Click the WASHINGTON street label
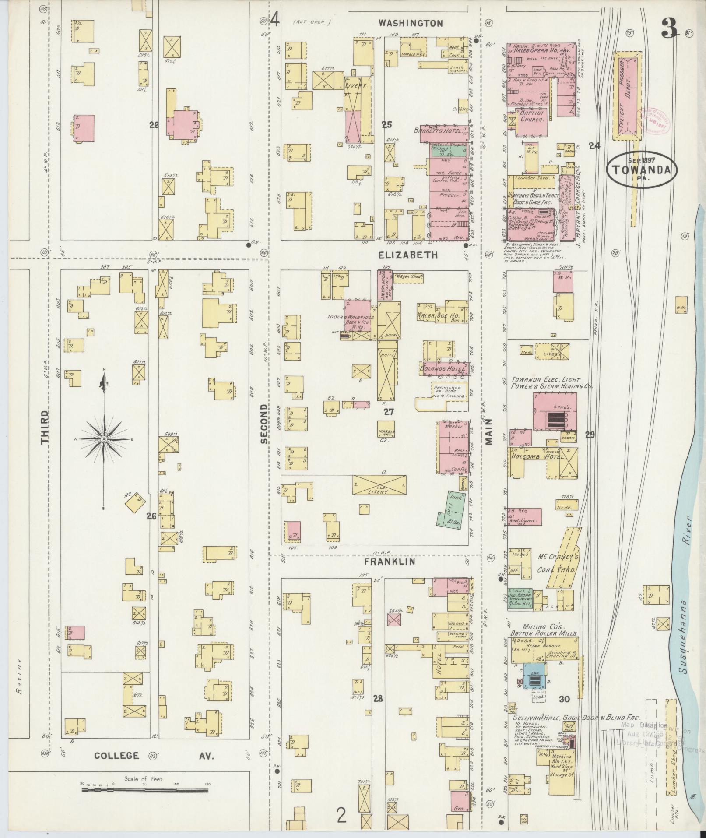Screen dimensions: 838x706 [x=411, y=23]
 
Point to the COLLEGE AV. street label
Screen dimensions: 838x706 [x=154, y=755]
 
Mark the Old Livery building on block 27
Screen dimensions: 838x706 [x=379, y=485]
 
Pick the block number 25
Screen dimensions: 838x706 [x=386, y=125]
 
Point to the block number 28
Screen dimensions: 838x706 [x=378, y=698]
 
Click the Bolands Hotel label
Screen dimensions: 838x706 [x=443, y=369]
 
